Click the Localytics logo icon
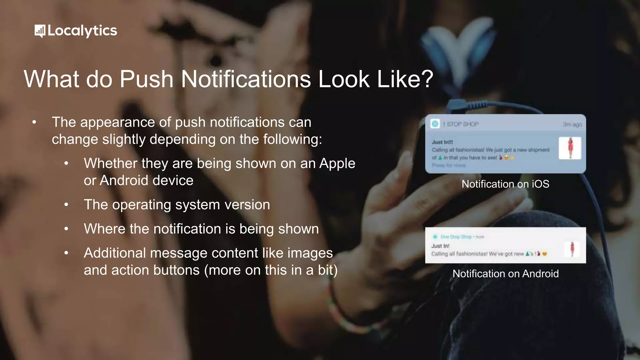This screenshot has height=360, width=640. pyautogui.click(x=40, y=31)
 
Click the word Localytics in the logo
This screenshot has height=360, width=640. pyautogui.click(x=82, y=31)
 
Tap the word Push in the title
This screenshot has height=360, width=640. pyautogui.click(x=146, y=79)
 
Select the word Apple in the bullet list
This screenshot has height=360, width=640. pyautogui.click(x=337, y=163)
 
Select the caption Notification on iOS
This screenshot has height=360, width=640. pyautogui.click(x=505, y=184)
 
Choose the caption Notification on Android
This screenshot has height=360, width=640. pyautogui.click(x=505, y=274)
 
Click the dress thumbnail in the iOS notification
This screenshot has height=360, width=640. pyautogui.click(x=570, y=148)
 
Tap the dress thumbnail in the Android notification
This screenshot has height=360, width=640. pyautogui.click(x=572, y=249)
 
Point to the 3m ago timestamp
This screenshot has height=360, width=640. pyautogui.click(x=572, y=124)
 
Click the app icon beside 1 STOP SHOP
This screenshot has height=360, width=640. pyautogui.click(x=435, y=124)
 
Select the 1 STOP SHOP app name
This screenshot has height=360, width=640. pyautogui.click(x=461, y=124)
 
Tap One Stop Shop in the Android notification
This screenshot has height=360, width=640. pyautogui.click(x=456, y=237)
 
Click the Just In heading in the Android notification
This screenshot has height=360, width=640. pyautogui.click(x=440, y=246)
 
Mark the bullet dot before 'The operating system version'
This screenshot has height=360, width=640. pyautogui.click(x=66, y=205)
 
